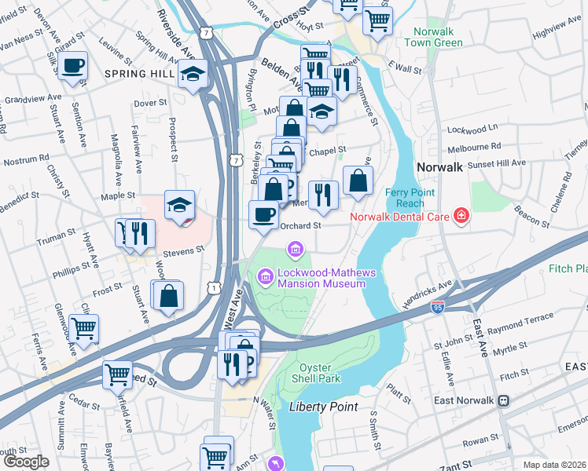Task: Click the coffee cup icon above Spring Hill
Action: point(72,65)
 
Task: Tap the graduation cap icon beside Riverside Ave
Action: point(192,75)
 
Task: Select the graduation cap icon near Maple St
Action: point(179,206)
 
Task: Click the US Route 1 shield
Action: point(215,289)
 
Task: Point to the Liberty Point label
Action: point(323,407)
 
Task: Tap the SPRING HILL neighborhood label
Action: point(137,74)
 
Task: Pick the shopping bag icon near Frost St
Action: point(168,296)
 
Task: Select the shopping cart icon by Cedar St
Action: point(117,374)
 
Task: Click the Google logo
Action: point(27,462)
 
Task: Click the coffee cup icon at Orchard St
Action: point(263,214)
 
